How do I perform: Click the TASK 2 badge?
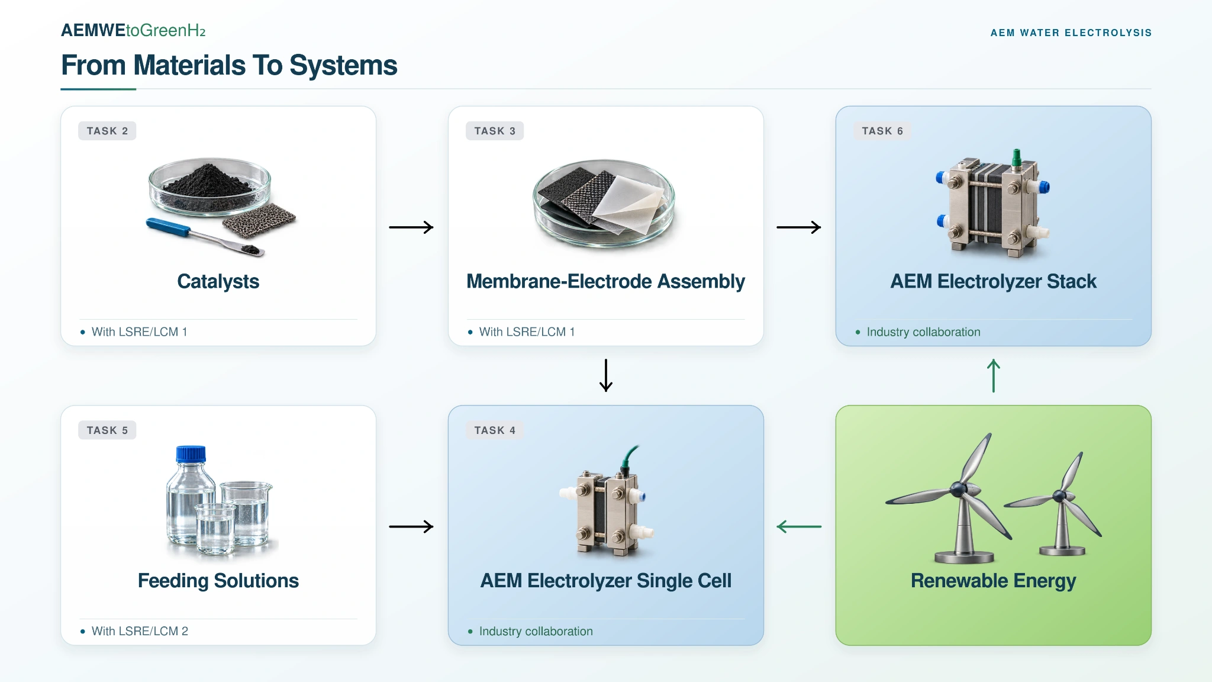[107, 131]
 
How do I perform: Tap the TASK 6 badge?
[882, 131]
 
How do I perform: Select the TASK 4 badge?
[495, 430]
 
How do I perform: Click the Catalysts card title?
[218, 281]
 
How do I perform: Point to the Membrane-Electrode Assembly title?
[605, 281]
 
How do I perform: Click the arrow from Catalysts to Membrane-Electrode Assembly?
[411, 227]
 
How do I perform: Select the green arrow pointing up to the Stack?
[994, 376]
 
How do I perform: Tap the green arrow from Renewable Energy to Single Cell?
[799, 526]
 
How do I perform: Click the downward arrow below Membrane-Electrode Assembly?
[606, 375]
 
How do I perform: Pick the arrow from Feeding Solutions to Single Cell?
[411, 526]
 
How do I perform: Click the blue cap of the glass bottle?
[191, 454]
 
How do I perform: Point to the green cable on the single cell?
[629, 458]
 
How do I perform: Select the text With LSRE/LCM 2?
[140, 631]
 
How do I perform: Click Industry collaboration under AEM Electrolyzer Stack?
[923, 332]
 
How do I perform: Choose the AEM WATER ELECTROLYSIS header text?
[1071, 33]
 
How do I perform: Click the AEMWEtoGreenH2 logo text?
[133, 30]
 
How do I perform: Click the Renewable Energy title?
[993, 581]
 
